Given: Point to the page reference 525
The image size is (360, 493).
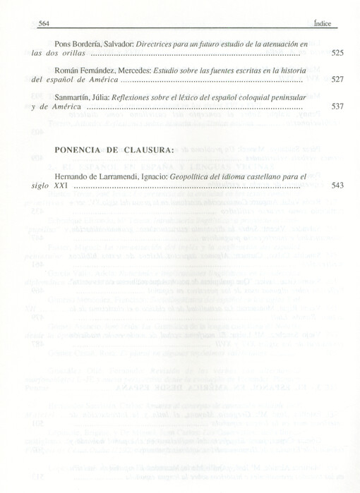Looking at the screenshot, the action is coord(337,53).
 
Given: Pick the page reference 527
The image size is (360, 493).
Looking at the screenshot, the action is coord(337,80).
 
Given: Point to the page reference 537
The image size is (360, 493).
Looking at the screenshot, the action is coord(337,106).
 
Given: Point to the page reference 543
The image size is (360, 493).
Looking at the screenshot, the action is coord(337,186).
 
